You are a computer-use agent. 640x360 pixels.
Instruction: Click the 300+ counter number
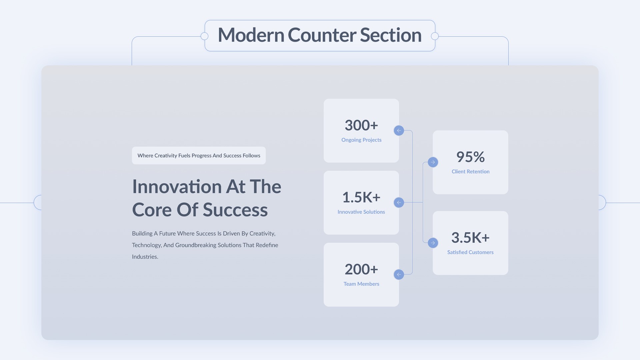pyautogui.click(x=361, y=125)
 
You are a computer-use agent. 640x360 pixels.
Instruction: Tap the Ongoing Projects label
pyautogui.click(x=361, y=140)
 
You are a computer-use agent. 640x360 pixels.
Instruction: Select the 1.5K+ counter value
pyautogui.click(x=361, y=197)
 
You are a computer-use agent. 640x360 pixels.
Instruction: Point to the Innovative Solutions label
pyautogui.click(x=361, y=212)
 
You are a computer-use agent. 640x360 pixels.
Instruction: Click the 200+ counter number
pyautogui.click(x=361, y=269)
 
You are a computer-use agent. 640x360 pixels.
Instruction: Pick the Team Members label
pyautogui.click(x=361, y=284)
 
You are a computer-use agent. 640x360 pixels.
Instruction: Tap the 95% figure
pyautogui.click(x=470, y=157)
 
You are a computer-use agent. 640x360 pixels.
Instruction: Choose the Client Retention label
pyautogui.click(x=470, y=172)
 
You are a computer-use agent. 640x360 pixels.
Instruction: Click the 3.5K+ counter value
pyautogui.click(x=470, y=238)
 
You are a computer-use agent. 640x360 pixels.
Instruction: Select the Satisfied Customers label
pyautogui.click(x=470, y=252)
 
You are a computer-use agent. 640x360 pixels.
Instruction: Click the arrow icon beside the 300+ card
pyautogui.click(x=399, y=131)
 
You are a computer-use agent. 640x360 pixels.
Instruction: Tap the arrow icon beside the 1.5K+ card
pyautogui.click(x=399, y=203)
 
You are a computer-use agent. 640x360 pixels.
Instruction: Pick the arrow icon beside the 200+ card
pyautogui.click(x=399, y=275)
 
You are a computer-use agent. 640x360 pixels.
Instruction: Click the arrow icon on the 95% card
pyautogui.click(x=433, y=162)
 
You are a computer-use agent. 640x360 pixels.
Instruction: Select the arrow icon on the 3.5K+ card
pyautogui.click(x=433, y=243)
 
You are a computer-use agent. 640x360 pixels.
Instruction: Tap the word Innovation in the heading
pyautogui.click(x=177, y=187)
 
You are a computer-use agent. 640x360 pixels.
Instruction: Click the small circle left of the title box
pyautogui.click(x=205, y=36)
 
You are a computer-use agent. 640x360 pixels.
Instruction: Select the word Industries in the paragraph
pyautogui.click(x=145, y=257)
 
